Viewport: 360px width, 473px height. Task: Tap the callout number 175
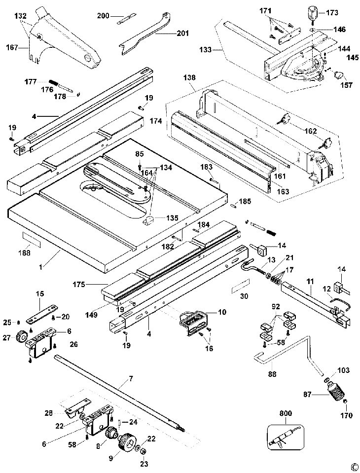(78, 285)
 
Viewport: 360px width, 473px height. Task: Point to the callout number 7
(131, 379)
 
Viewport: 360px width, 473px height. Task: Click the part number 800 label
(286, 413)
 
